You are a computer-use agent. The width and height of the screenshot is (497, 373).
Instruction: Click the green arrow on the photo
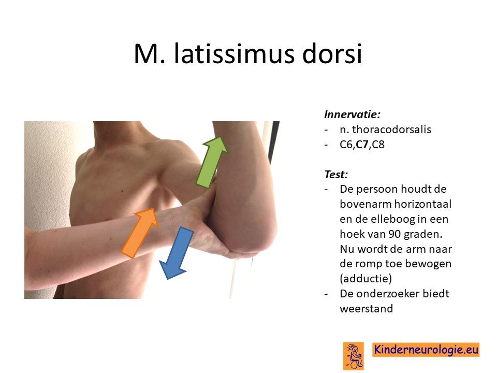pos(211,162)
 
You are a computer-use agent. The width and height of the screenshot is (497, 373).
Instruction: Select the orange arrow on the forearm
pos(140,233)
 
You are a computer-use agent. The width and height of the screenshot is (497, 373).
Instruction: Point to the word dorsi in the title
pos(332,53)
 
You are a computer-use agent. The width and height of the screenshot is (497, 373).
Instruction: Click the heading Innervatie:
pos(352,114)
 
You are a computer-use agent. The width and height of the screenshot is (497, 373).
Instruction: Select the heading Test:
pos(336,174)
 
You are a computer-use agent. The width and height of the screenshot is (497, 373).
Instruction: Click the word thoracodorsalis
pos(391,130)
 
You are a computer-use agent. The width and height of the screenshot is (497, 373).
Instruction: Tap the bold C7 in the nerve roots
pos(362,145)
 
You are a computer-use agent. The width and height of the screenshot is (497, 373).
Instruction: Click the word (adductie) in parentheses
pos(366,279)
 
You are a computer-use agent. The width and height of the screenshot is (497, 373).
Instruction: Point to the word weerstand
pos(367,309)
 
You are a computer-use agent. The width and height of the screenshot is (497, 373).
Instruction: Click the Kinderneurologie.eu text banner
pos(426,350)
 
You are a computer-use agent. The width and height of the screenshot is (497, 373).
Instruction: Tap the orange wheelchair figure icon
pos(354,356)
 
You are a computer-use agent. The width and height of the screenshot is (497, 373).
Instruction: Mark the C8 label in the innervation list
pos(378,145)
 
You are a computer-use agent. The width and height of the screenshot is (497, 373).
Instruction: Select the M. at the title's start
pos(150,54)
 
